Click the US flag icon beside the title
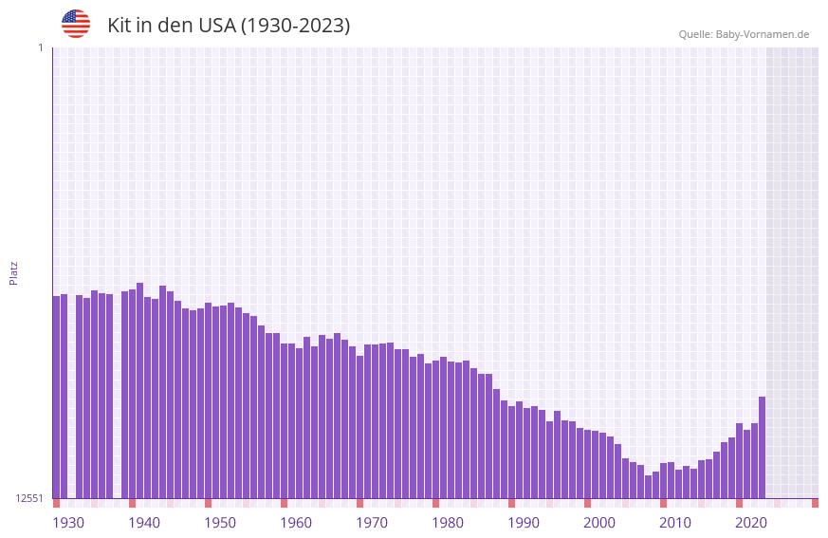(76, 24)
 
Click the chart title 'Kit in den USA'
(229, 26)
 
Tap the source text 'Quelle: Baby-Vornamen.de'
(744, 34)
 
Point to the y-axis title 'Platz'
(13, 272)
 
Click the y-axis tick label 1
(40, 47)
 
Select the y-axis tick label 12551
(29, 498)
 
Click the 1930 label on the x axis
(68, 523)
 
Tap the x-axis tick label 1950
(220, 523)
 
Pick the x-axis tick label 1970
(372, 523)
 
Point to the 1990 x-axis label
(524, 523)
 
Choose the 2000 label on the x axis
(599, 523)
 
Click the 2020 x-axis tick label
(751, 523)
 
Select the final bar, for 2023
(762, 447)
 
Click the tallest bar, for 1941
(139, 390)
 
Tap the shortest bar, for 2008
(648, 487)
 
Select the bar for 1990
(511, 452)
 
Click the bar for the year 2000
(587, 464)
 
